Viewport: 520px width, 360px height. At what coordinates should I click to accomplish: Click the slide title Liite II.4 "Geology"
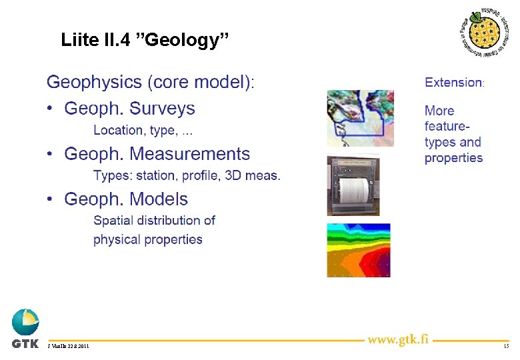click(145, 40)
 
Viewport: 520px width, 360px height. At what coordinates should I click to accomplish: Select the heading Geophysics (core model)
click(150, 83)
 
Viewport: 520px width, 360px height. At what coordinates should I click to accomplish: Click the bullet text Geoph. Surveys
click(129, 109)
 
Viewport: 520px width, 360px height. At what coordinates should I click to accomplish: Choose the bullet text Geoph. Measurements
click(157, 154)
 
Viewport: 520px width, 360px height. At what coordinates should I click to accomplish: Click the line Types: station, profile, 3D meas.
click(187, 176)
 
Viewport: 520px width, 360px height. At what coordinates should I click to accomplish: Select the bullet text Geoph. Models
click(126, 199)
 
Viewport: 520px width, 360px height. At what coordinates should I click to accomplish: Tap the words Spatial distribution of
click(154, 220)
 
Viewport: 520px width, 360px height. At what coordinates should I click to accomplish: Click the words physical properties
click(147, 239)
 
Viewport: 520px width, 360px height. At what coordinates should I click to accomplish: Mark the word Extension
click(453, 83)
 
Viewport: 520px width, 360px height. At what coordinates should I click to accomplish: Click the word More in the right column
click(439, 111)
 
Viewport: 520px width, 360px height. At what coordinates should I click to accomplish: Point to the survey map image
click(360, 118)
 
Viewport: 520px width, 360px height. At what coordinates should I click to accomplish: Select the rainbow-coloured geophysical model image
click(358, 250)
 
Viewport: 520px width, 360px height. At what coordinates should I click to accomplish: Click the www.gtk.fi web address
click(397, 339)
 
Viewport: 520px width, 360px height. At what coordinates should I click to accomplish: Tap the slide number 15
click(506, 347)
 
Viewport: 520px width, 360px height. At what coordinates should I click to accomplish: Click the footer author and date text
click(69, 347)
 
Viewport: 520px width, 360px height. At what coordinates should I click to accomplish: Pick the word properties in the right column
click(453, 158)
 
